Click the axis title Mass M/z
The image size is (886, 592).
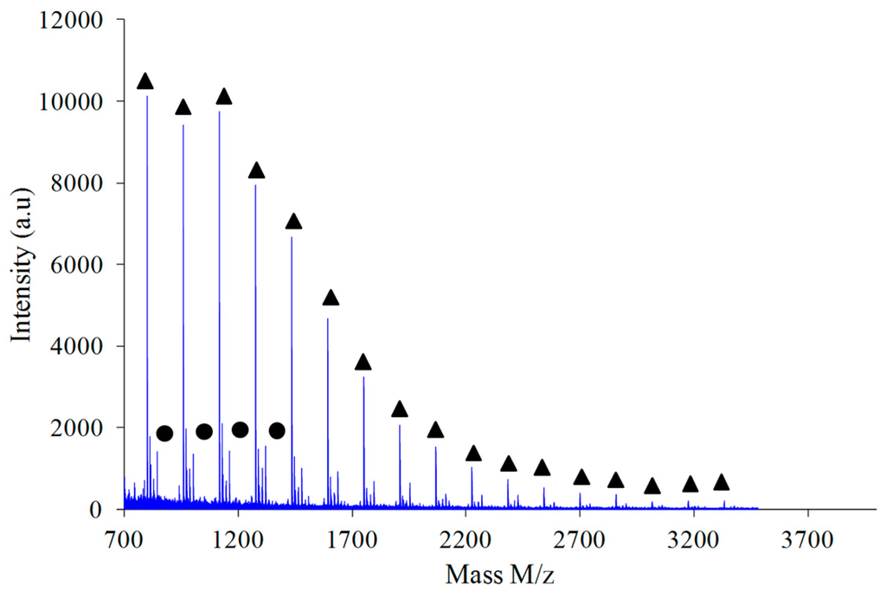click(x=506, y=572)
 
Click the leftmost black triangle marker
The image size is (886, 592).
click(x=145, y=81)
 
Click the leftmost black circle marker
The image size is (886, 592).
click(x=164, y=433)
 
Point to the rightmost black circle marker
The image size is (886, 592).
click(x=277, y=430)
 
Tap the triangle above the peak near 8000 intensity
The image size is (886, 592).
click(x=256, y=171)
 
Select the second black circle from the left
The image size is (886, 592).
click(x=204, y=431)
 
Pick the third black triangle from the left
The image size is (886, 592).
click(x=223, y=97)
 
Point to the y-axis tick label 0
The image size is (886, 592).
click(x=105, y=509)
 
